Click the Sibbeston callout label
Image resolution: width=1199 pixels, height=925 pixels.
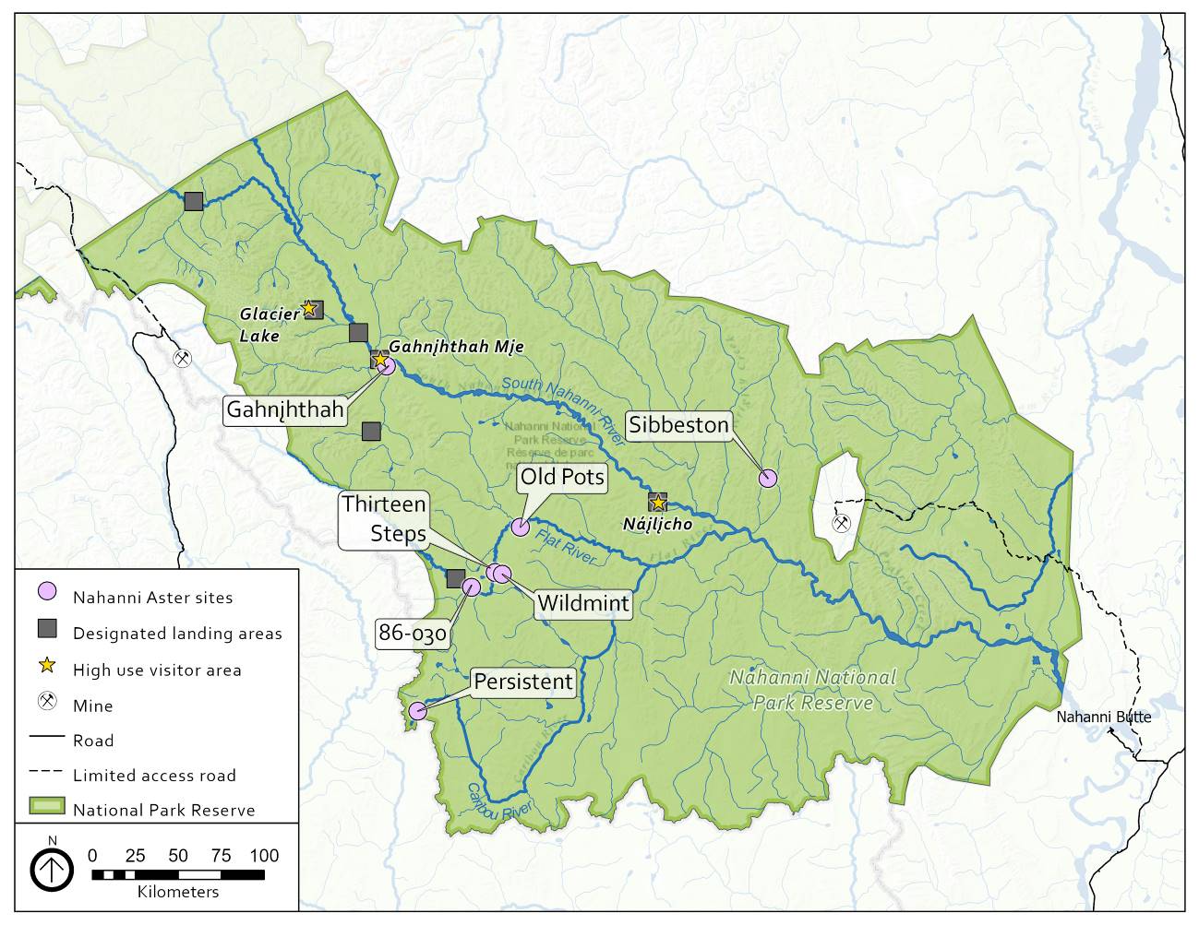pyautogui.click(x=679, y=424)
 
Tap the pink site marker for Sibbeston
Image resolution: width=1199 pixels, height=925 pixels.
pyautogui.click(x=768, y=478)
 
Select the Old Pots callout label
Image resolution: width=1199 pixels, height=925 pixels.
pyautogui.click(x=561, y=477)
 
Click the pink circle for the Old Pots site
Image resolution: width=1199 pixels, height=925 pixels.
pyautogui.click(x=520, y=527)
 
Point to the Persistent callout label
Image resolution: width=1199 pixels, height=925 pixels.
pyautogui.click(x=523, y=682)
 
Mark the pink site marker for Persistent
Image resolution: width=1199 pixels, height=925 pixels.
pyautogui.click(x=417, y=710)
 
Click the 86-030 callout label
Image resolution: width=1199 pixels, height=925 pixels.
pyautogui.click(x=413, y=634)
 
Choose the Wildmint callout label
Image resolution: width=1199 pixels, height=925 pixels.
pyautogui.click(x=583, y=604)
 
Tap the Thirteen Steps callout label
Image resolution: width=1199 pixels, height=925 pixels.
pyautogui.click(x=384, y=518)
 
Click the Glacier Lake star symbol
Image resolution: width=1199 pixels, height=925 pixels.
pyautogui.click(x=309, y=309)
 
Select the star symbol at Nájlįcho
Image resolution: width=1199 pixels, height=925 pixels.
pyautogui.click(x=657, y=502)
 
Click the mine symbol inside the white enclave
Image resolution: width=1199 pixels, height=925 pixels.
pyautogui.click(x=841, y=523)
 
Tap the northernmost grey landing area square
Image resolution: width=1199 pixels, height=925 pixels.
pyautogui.click(x=194, y=201)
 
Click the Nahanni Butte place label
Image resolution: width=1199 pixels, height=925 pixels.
pyautogui.click(x=1103, y=717)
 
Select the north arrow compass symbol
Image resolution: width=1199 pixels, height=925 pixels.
pyautogui.click(x=52, y=868)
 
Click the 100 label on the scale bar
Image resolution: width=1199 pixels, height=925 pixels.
pyautogui.click(x=264, y=856)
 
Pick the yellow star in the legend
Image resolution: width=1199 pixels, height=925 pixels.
pyautogui.click(x=47, y=668)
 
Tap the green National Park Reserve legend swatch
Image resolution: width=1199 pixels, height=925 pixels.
pyautogui.click(x=47, y=807)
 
